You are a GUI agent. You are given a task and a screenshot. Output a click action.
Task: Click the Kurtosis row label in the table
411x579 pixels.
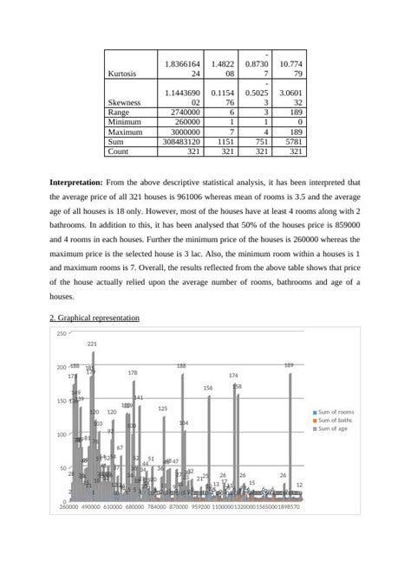(121, 74)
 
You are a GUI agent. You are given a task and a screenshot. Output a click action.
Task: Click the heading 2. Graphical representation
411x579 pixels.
(95, 318)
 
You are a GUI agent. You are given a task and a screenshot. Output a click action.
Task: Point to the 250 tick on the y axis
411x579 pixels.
(61, 334)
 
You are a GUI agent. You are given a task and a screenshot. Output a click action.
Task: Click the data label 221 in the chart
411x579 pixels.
(92, 344)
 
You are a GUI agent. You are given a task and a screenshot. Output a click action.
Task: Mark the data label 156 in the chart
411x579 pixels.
(208, 389)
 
